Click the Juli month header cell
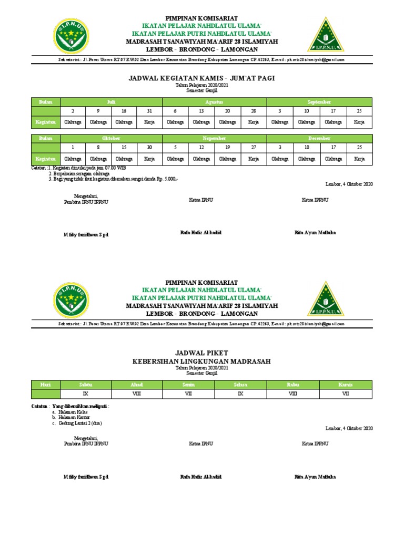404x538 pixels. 111,101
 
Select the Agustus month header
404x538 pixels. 215,101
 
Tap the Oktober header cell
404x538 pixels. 111,138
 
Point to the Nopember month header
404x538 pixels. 215,138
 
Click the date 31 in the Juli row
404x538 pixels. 149,111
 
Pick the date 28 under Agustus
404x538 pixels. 254,111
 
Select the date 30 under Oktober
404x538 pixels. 149,148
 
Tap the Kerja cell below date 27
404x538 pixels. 254,159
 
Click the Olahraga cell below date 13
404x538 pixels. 201,122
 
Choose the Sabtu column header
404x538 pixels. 85,385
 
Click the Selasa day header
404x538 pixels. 240,385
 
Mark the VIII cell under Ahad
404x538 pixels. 137,394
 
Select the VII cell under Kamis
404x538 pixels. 346,394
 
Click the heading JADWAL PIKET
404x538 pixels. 201,353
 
